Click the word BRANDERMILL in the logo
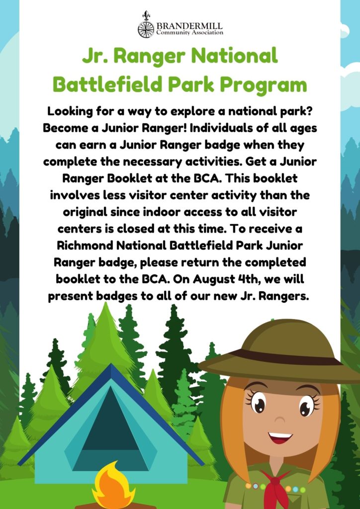point(190,26)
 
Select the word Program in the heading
point(263,85)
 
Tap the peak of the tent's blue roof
point(111,364)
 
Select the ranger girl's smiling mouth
point(280,438)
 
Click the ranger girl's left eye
point(306,404)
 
